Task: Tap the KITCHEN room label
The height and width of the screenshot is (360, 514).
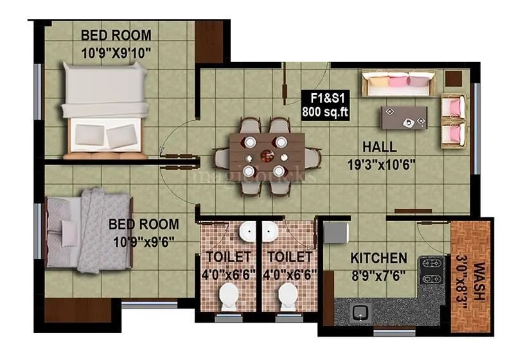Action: tap(378, 258)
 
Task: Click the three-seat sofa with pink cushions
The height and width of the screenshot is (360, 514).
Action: tap(397, 85)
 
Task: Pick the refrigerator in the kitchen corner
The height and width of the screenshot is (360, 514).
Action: tap(332, 233)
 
